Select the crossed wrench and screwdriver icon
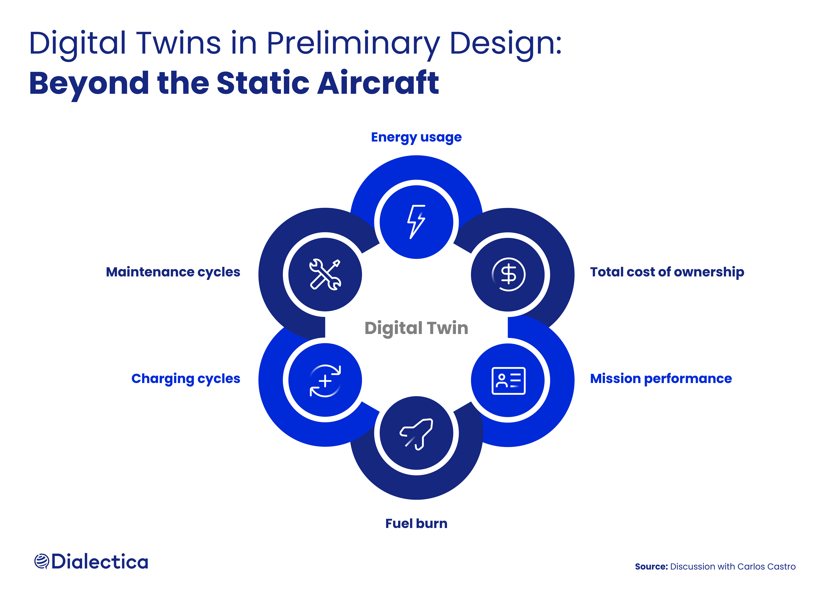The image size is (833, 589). (x=325, y=274)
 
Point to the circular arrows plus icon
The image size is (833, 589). (x=325, y=381)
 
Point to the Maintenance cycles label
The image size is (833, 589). (x=173, y=272)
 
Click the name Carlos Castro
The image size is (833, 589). (x=766, y=567)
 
